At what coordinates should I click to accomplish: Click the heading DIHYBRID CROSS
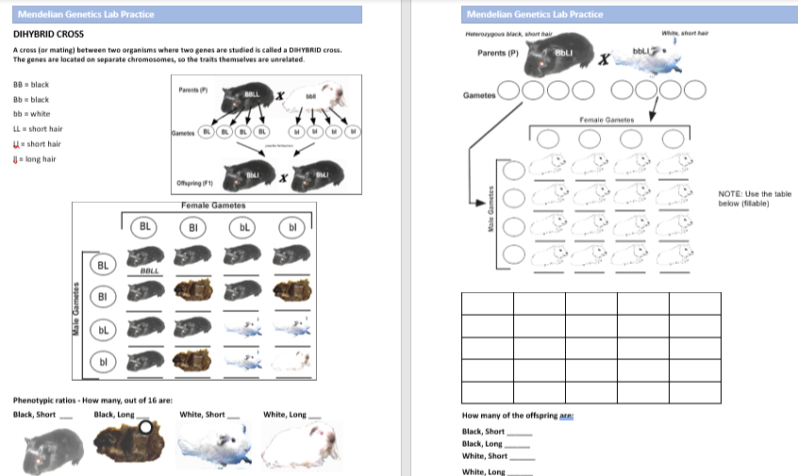[48, 34]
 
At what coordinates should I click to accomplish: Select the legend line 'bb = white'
[31, 113]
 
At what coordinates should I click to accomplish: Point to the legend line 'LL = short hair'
[38, 128]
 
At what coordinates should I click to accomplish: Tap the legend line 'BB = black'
[31, 84]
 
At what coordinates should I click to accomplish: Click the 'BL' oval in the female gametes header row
[145, 227]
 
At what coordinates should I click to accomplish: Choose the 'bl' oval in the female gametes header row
[292, 227]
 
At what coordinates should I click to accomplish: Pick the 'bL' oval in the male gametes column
[103, 330]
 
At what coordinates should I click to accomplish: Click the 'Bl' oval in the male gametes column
[103, 298]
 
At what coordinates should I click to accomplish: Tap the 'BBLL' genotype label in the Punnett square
[149, 271]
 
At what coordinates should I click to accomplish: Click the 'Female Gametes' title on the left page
[213, 205]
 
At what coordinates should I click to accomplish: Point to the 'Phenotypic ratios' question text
[92, 400]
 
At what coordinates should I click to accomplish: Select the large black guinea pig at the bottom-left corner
[50, 448]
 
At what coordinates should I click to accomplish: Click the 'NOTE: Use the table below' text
[754, 199]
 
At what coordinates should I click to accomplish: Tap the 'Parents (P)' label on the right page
[498, 52]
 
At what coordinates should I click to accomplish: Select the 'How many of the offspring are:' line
[518, 416]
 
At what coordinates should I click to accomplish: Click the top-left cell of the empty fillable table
[487, 304]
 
